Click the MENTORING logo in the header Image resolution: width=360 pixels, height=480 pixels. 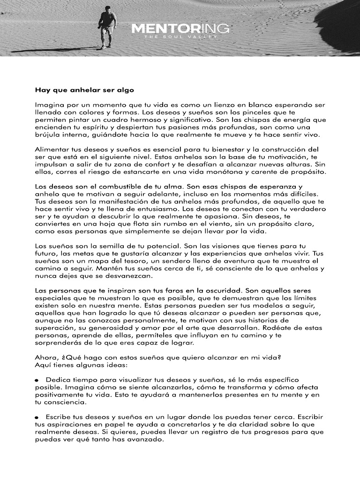(180, 29)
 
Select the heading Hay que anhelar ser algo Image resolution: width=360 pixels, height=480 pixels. (84, 90)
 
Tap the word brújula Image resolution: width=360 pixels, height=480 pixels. (49, 135)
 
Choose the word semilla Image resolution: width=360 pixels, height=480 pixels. (111, 246)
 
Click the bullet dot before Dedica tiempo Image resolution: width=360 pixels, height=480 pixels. (37, 381)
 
